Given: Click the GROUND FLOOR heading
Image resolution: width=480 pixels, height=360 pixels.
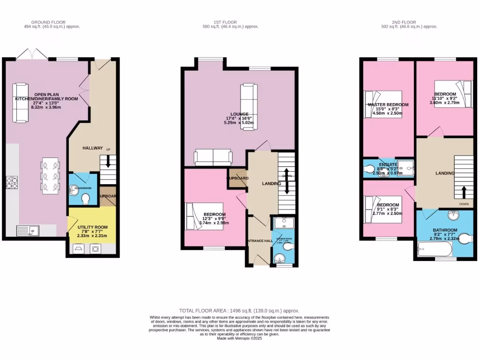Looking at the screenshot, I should tap(48, 22).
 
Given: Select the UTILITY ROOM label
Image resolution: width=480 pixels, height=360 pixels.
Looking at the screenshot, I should tap(92, 227).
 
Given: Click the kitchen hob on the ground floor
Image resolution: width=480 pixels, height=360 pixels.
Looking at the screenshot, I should tap(12, 182).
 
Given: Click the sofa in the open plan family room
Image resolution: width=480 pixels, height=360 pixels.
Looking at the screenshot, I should tap(20, 103).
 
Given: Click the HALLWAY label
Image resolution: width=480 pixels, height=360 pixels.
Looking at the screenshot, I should tap(92, 148).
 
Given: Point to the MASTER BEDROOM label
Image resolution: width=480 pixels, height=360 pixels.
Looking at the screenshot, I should tap(388, 105).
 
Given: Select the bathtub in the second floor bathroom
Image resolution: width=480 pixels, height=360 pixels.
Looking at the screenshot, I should tap(434, 248).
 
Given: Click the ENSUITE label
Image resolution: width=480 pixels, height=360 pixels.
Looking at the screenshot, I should tap(388, 165).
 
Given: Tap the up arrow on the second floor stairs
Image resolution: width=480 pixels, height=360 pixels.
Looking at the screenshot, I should tap(464, 192).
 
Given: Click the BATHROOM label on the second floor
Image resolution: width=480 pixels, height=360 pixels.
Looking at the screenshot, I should tap(445, 230).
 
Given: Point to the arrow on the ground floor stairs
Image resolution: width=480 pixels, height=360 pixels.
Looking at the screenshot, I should tap(108, 162).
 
